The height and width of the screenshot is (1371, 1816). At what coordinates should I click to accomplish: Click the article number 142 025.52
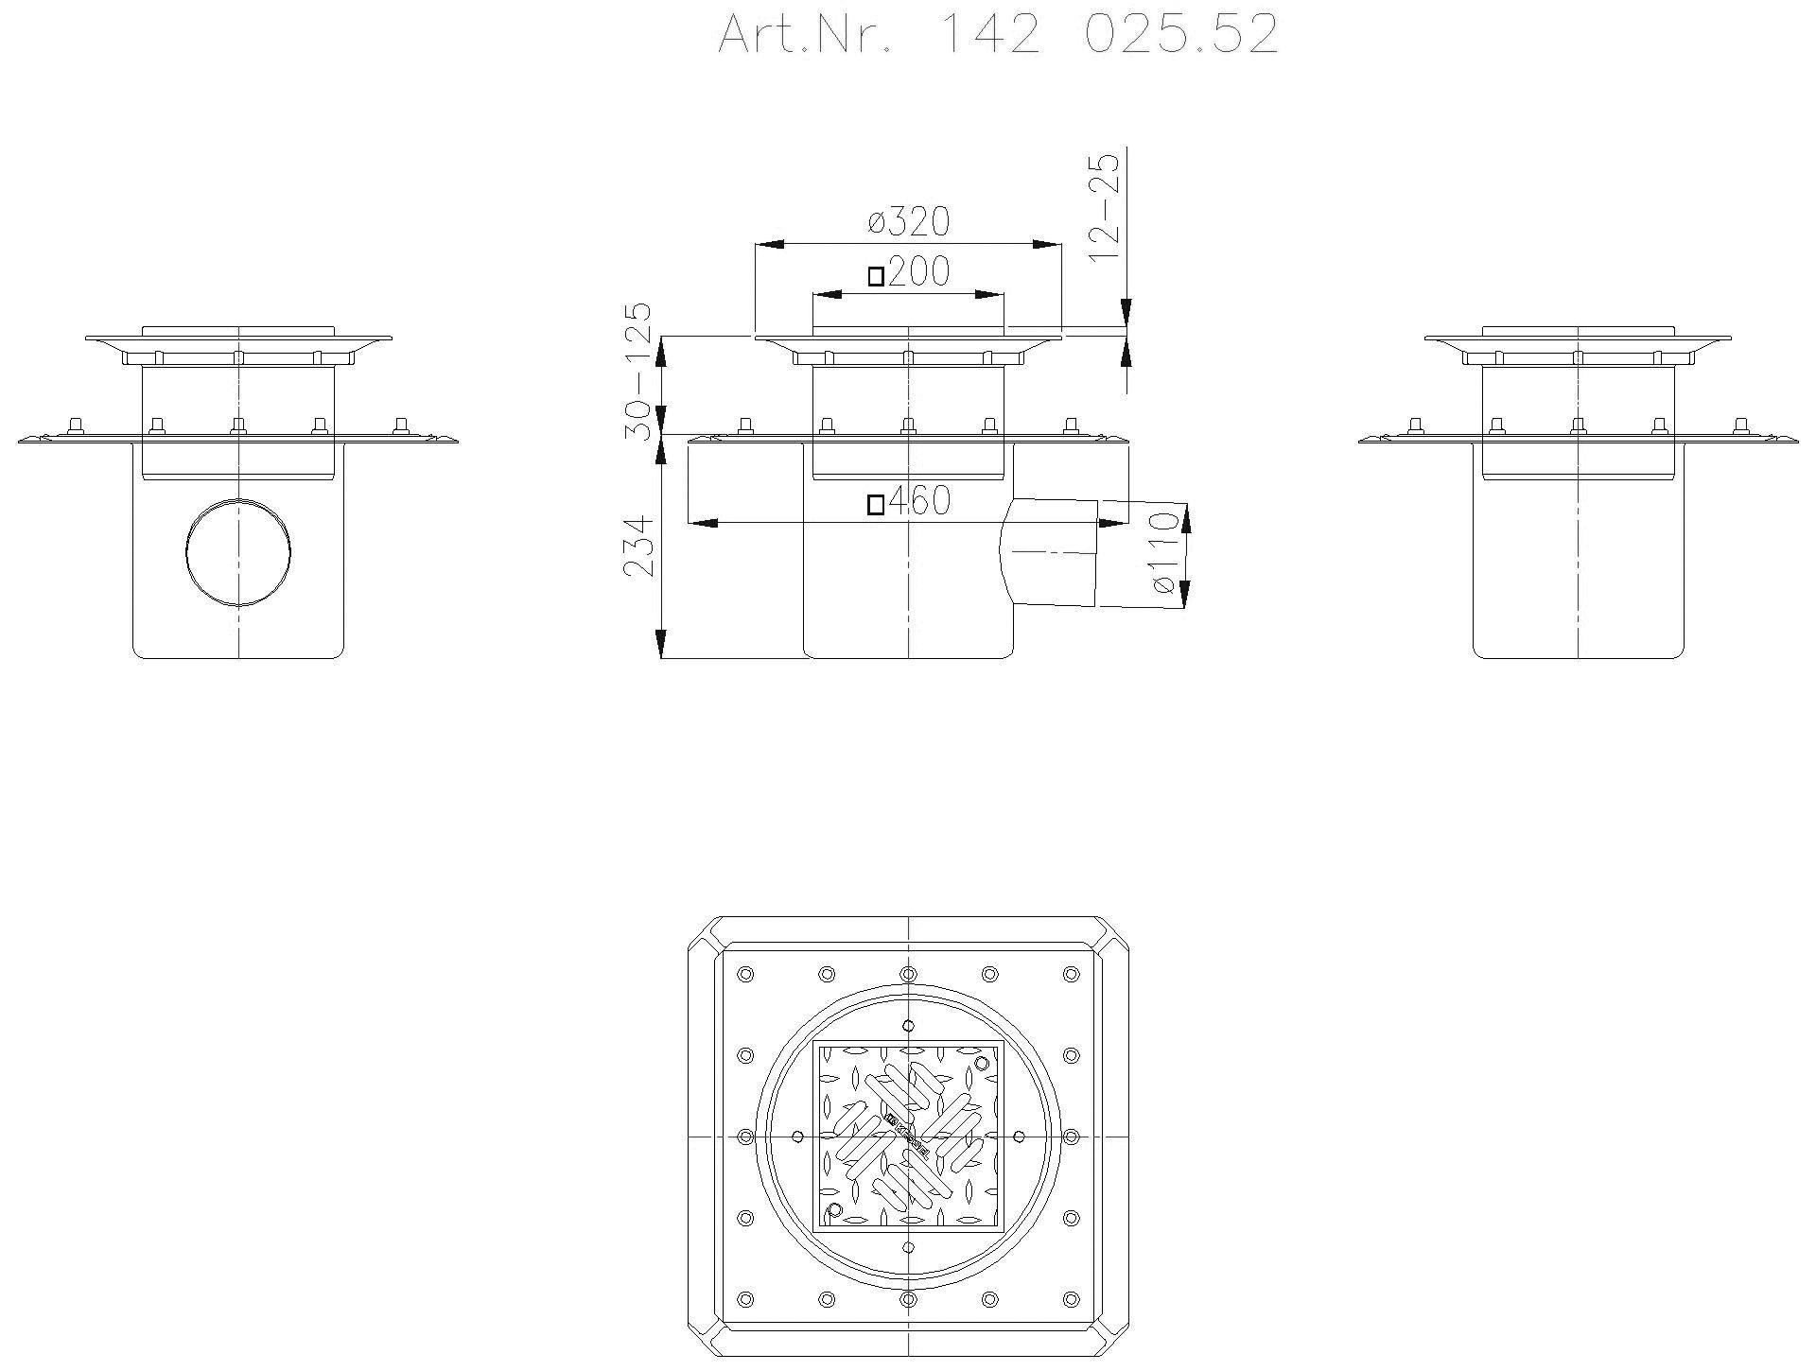[x=998, y=36]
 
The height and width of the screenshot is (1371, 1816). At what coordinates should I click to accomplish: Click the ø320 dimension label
[x=908, y=222]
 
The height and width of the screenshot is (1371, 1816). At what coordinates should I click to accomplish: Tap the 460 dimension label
[x=918, y=502]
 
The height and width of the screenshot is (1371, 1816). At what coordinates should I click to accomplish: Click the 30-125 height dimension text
[x=640, y=371]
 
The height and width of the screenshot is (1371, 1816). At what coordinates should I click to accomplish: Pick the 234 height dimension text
[x=640, y=546]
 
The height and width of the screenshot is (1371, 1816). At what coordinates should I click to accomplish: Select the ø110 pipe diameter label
[x=1166, y=553]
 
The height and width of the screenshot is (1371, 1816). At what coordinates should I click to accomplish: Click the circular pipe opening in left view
[x=237, y=551]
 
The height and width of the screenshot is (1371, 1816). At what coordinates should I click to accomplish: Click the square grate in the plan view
[x=908, y=1135]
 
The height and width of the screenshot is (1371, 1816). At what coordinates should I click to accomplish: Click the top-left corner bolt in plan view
[x=745, y=974]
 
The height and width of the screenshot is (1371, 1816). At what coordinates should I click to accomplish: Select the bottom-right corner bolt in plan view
[x=1071, y=1298]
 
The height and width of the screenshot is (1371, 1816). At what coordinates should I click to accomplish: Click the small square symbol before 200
[x=877, y=276]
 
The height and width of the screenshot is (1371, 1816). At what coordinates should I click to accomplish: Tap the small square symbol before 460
[x=877, y=504]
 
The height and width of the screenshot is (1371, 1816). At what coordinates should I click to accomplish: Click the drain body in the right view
[x=1578, y=567]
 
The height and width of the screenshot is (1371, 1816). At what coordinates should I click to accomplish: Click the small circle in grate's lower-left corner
[x=834, y=1209]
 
